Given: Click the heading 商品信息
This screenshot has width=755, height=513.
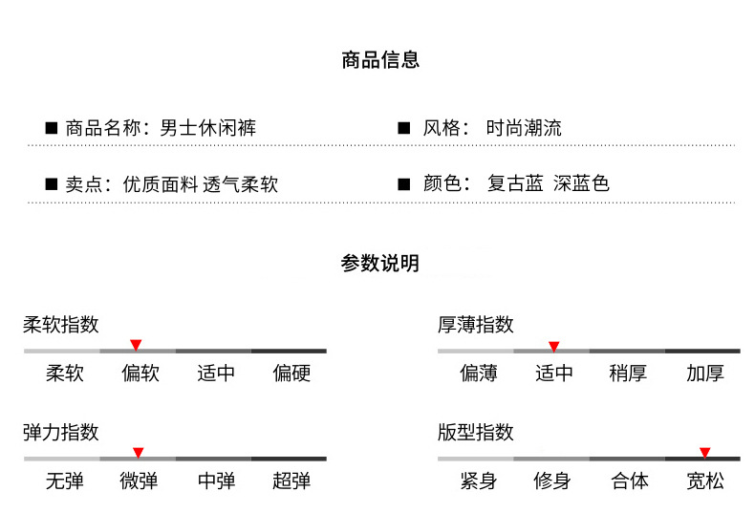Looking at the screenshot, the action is point(380,60).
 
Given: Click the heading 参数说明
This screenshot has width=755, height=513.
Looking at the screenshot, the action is point(380,264).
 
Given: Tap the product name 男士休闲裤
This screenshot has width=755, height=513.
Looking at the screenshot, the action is point(207,128).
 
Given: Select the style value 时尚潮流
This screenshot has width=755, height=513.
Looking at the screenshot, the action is point(524,128).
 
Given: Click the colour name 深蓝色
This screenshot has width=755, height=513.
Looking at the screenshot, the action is point(581,183).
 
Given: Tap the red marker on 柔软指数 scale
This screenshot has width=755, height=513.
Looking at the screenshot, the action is point(136,344).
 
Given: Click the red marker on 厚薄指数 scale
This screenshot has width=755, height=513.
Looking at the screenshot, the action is point(553,345).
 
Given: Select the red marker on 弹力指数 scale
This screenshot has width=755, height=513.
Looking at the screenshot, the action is point(138,452).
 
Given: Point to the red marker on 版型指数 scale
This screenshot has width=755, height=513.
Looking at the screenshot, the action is point(704,452).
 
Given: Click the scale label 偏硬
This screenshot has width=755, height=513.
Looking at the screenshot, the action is point(291,373).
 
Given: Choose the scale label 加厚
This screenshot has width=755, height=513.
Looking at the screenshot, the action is point(705,373).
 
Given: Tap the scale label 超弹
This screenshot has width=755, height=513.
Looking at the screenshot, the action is point(291,481).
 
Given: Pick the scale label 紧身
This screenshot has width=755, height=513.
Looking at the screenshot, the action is point(478,481).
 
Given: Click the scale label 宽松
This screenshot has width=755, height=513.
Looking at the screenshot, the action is point(705,481).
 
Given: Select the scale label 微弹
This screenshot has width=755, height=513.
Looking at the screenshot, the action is point(140,481).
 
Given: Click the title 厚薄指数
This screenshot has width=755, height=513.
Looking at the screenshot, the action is point(476,325).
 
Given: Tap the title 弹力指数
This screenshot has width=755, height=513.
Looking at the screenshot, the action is point(61,433).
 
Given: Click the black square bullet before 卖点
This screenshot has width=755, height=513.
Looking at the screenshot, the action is point(52,183).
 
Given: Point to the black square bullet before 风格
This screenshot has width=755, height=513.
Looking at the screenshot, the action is point(403,128).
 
